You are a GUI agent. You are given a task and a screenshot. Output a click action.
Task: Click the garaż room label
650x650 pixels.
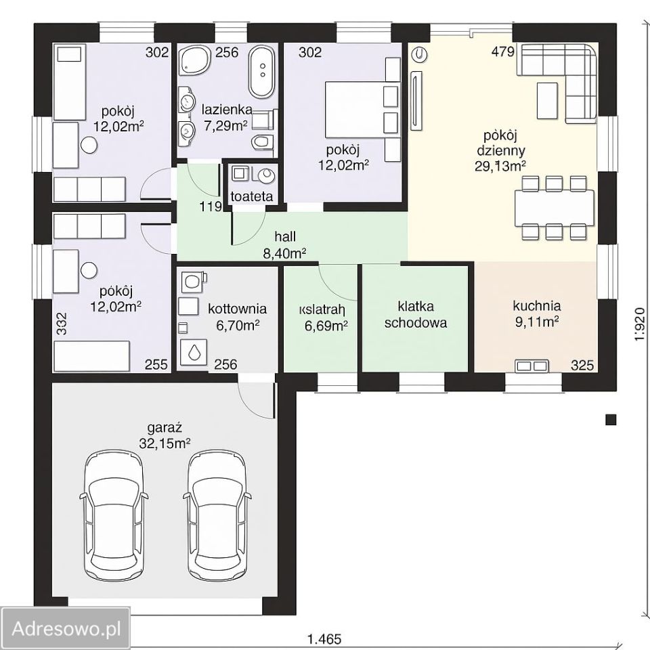point(165,427)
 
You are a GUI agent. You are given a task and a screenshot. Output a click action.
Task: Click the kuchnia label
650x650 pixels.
point(537,306)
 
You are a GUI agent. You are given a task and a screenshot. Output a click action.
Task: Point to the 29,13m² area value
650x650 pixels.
point(500,167)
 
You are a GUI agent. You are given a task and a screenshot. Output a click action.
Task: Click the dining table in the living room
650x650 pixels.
point(555,208)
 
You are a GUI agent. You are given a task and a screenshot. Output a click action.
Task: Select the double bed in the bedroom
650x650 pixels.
point(363,110)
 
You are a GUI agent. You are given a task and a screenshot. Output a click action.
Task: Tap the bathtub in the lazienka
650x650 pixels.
point(261,72)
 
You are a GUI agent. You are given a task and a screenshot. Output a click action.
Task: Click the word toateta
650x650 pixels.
point(252,196)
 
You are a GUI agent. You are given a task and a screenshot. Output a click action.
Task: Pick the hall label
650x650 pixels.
point(285,237)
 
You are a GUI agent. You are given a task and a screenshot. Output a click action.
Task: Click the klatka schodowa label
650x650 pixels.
point(416,315)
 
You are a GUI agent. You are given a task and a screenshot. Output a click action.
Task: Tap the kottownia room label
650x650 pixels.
point(238,309)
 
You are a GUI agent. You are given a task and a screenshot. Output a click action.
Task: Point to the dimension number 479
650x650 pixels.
point(503,51)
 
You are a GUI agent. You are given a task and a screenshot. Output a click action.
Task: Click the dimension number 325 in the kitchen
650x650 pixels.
point(582,365)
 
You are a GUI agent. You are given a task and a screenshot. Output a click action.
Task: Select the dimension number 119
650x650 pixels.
point(211,207)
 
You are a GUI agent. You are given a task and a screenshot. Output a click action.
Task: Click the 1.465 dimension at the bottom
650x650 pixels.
point(324,638)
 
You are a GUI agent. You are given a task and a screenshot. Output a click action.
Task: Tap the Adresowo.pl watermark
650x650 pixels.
point(66,629)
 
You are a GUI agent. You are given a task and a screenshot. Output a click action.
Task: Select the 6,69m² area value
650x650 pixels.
point(326,326)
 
